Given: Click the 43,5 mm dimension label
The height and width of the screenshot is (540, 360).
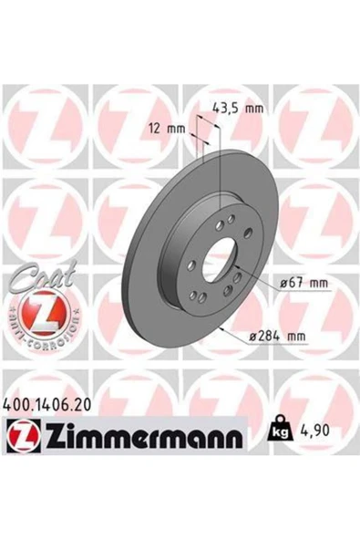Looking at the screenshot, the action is pyautogui.click(x=238, y=109).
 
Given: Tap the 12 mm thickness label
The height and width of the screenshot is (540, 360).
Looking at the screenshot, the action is pyautogui.click(x=167, y=130).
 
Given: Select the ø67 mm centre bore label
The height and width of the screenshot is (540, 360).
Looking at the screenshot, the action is pyautogui.click(x=303, y=284).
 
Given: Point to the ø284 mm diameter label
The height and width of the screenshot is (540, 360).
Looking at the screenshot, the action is pyautogui.click(x=277, y=336).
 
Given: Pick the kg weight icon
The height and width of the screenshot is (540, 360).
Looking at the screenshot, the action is pyautogui.click(x=282, y=428).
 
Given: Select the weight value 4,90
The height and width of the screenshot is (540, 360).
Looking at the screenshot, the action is pyautogui.click(x=316, y=431).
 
